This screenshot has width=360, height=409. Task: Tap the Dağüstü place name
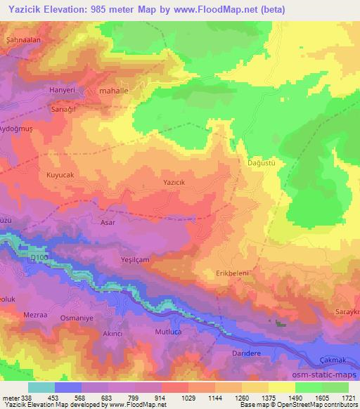click(261, 162)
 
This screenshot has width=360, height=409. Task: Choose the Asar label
click(107, 222)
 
